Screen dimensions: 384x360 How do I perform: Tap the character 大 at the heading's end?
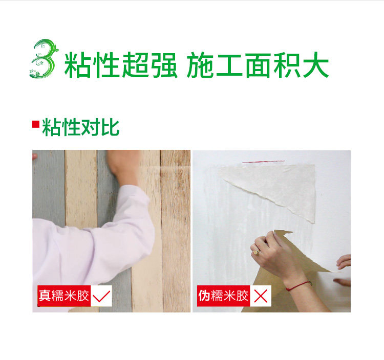point(315,65)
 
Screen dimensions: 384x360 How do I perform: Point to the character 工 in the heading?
point(229,65)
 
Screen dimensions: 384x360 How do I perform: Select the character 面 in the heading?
point(259,65)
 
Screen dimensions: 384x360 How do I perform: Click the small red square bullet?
point(36,124)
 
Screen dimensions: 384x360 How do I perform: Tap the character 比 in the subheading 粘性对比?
point(110,127)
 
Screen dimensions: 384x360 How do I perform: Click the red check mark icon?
point(101,296)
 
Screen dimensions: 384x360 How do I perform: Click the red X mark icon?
point(261,296)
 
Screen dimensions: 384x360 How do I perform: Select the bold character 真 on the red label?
point(45,296)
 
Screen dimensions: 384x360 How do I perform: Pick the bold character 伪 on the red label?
point(204,296)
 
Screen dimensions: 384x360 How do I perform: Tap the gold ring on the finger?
point(257,252)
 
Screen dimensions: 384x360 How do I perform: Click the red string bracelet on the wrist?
point(298,286)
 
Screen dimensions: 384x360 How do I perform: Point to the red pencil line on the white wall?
point(263,162)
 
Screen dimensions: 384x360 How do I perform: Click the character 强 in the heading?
point(164,65)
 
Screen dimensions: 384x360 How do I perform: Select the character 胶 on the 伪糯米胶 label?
point(242,296)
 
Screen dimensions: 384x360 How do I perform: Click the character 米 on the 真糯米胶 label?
point(70,296)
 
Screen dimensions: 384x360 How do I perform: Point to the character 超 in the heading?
point(135,65)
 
